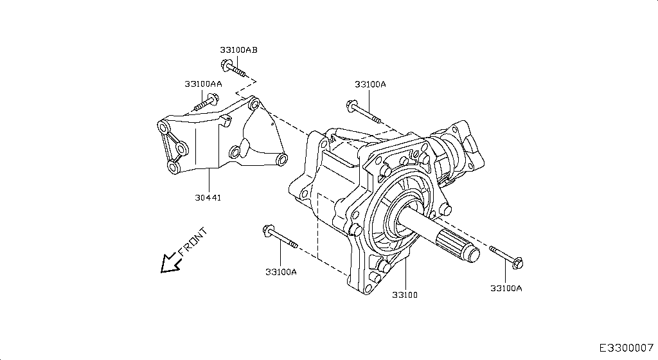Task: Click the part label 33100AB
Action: (238, 50)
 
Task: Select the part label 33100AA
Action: (203, 84)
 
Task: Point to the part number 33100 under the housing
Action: (405, 295)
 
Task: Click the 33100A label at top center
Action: (369, 84)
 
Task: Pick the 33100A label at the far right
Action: (506, 289)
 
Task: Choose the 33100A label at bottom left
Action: (281, 272)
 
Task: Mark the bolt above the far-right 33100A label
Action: (508, 255)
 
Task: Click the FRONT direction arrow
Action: (170, 262)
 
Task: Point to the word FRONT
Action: (193, 241)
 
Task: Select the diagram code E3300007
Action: (626, 347)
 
